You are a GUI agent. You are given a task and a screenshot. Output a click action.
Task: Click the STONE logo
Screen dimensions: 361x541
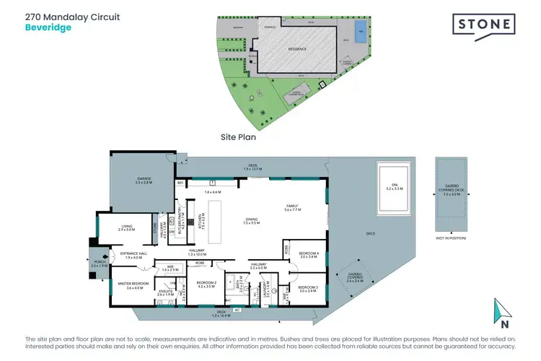(x=484, y=26)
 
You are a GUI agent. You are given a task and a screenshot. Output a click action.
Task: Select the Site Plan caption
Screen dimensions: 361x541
(x=238, y=135)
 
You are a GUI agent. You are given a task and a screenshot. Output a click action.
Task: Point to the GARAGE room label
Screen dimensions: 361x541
(x=141, y=180)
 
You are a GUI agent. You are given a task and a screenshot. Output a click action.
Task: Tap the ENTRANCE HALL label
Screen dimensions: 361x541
(x=128, y=255)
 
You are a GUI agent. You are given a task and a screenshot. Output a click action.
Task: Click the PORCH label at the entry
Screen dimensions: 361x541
(x=99, y=264)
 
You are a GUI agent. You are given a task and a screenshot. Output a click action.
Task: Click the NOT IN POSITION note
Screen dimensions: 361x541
(x=450, y=238)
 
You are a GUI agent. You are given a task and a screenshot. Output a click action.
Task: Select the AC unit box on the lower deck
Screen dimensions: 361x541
(x=237, y=309)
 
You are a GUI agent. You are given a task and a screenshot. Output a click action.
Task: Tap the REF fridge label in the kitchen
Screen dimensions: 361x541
(x=180, y=183)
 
